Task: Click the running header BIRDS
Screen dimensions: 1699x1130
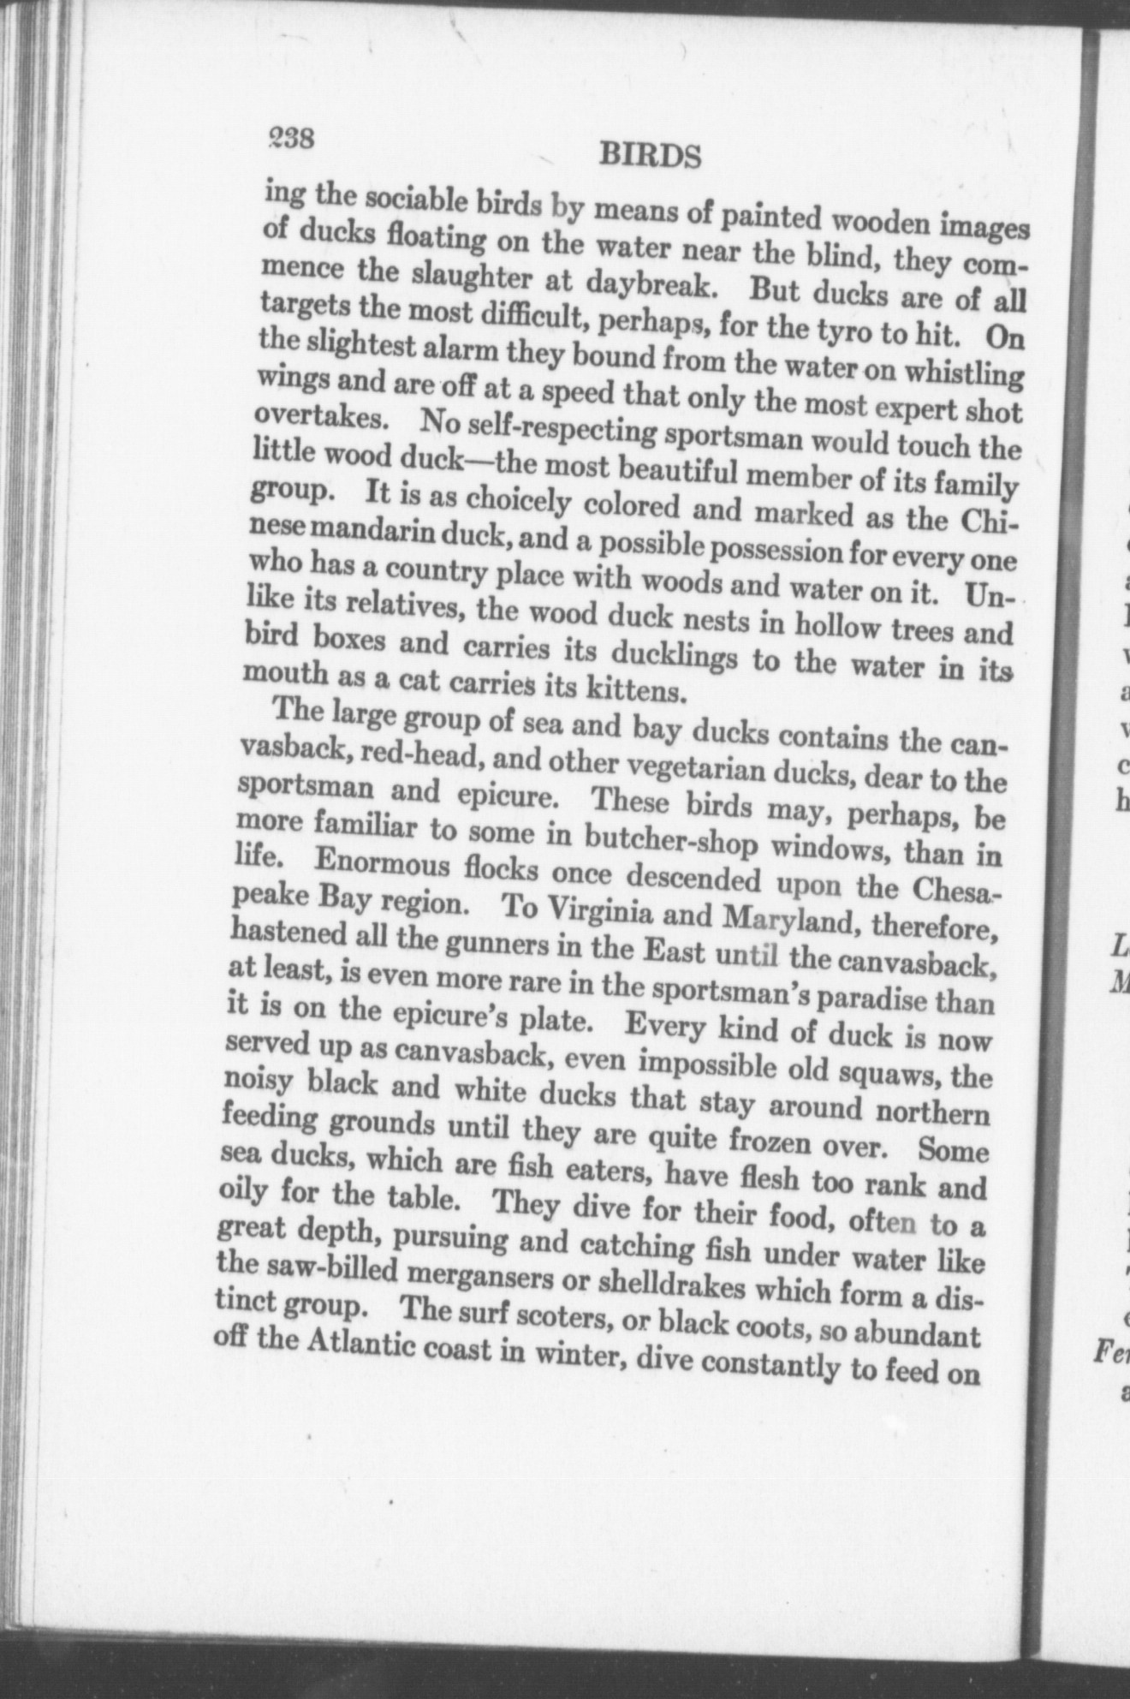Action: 651,156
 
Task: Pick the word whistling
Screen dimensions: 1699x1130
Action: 968,373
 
